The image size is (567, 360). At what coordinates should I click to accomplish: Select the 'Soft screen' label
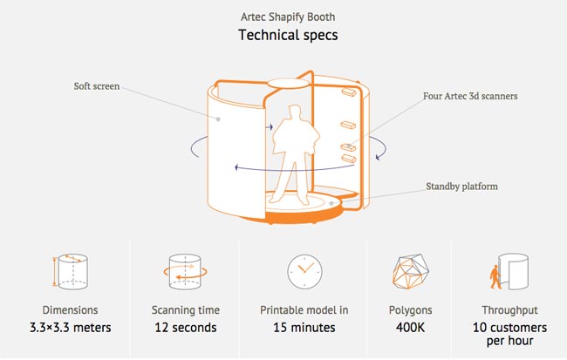[x=99, y=86]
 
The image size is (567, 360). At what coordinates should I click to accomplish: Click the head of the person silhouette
[x=294, y=112]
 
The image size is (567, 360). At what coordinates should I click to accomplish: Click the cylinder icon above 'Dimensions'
[x=69, y=271]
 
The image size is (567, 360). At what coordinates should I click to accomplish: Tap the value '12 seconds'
[x=186, y=328]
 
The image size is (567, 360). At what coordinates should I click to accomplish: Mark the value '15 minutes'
[x=304, y=328]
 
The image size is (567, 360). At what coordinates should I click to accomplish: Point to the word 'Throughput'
[x=510, y=309]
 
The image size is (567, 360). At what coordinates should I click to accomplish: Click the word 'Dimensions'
[x=70, y=309]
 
